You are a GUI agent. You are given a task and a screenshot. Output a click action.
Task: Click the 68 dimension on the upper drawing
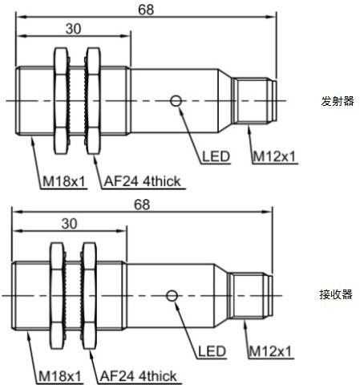[146, 10]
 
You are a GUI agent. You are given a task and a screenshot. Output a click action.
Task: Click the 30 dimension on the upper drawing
[73, 29]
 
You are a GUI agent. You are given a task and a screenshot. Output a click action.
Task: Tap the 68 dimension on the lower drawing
[142, 205]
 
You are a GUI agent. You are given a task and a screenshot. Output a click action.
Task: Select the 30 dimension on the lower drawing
[69, 224]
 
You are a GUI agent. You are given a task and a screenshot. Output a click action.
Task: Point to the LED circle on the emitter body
[176, 101]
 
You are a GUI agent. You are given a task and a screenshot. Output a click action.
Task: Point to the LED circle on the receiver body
[172, 296]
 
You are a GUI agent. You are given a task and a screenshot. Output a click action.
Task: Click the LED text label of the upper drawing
[216, 156]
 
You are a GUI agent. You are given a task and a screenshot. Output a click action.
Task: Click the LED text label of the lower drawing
[212, 351]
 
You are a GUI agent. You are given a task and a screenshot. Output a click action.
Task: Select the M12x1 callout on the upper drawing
[274, 156]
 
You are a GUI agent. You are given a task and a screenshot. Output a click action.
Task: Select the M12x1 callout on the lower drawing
[270, 351]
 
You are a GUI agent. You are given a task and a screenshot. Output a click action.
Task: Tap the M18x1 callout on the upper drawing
[63, 181]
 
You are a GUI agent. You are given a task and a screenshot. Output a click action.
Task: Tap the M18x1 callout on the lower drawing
[59, 376]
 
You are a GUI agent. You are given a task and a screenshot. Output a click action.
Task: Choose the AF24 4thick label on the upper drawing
[142, 181]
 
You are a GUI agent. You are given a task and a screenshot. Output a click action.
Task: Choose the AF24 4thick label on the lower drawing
[138, 376]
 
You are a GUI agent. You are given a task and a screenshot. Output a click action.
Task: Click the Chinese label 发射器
[338, 101]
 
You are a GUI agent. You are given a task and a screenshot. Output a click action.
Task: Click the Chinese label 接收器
[336, 294]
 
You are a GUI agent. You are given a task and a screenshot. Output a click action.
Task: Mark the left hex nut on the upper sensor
[61, 101]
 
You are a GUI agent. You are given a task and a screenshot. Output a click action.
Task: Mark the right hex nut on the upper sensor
[94, 101]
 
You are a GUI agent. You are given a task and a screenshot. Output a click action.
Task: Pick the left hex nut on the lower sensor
[57, 296]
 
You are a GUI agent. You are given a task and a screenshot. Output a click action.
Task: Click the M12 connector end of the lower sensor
[251, 296]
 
